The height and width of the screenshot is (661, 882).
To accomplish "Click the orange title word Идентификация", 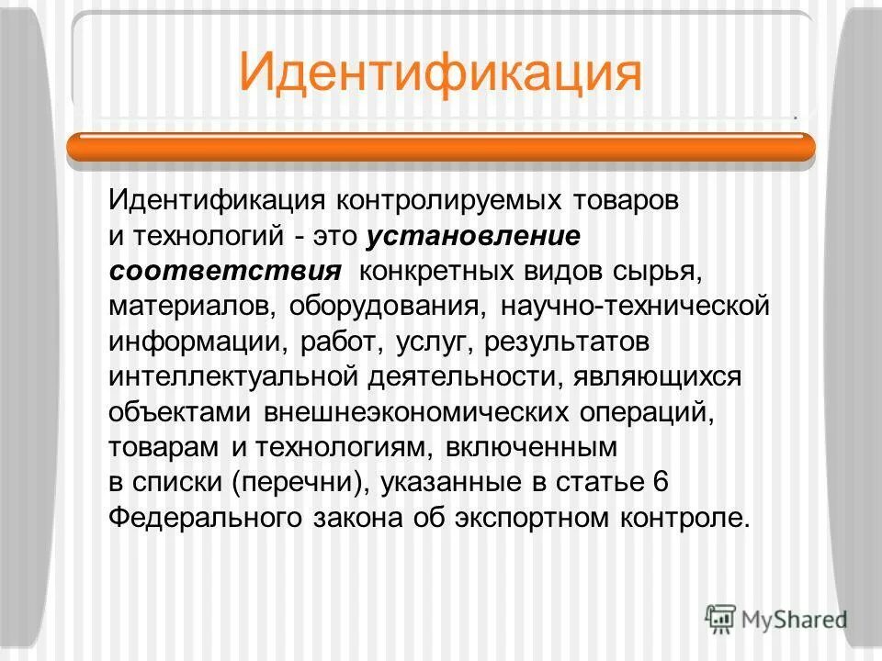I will [x=439, y=72].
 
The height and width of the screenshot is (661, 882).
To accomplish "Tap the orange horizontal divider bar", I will [x=441, y=147].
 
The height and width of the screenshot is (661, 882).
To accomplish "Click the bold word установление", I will [x=473, y=235].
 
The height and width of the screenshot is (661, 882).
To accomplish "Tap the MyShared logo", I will [x=775, y=617].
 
